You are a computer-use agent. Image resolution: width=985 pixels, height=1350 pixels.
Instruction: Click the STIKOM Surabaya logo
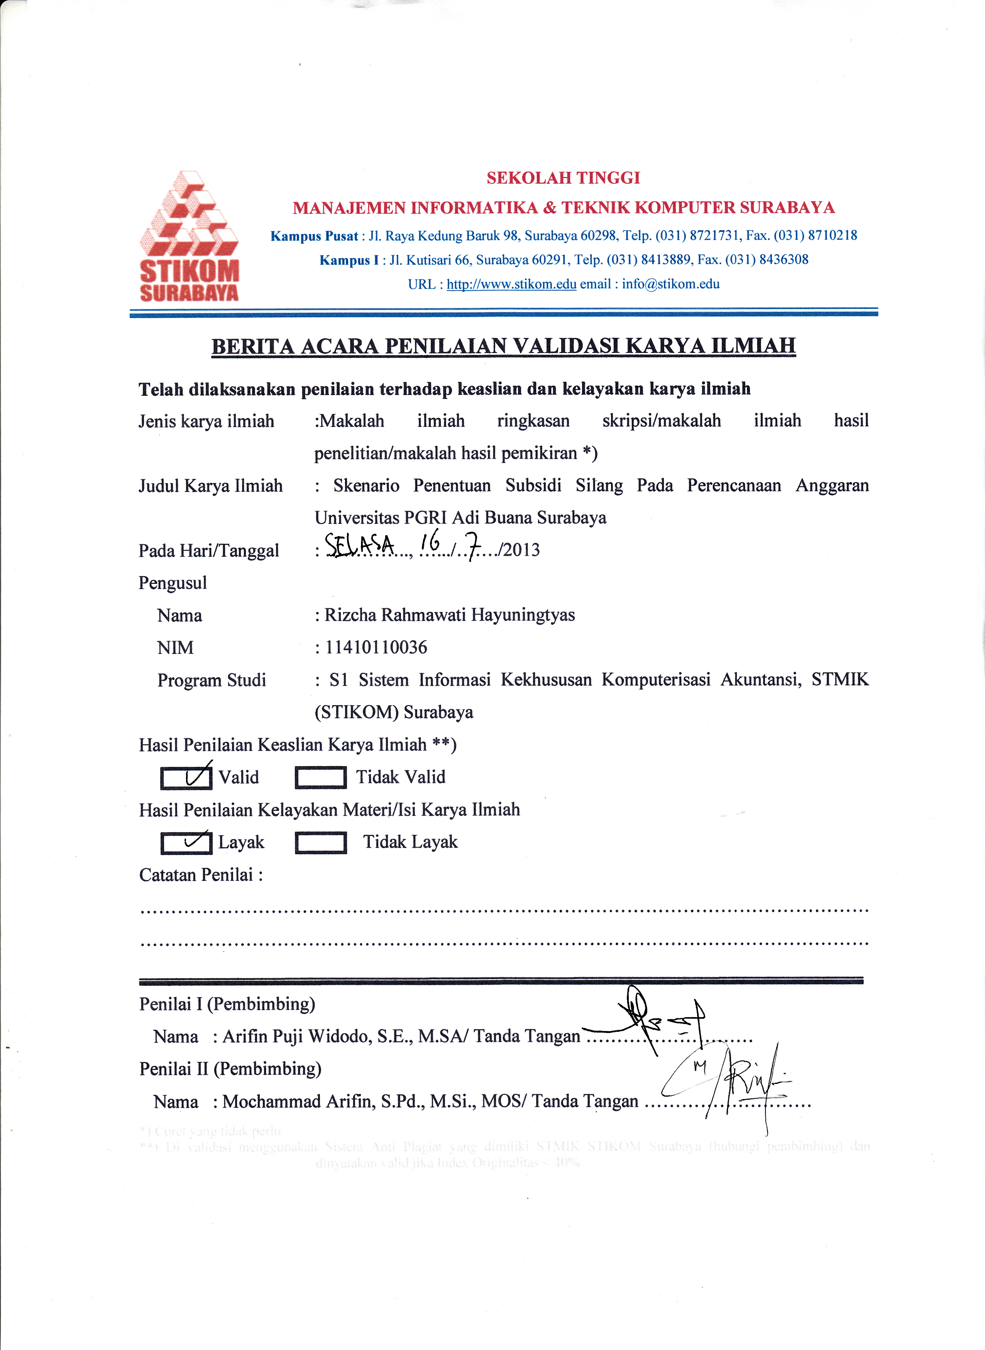click(189, 236)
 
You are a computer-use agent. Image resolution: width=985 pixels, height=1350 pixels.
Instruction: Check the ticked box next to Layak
click(186, 842)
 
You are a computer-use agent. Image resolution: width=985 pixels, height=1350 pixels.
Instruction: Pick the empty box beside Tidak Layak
click(321, 842)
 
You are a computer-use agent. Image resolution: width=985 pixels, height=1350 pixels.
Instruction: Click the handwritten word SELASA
click(360, 545)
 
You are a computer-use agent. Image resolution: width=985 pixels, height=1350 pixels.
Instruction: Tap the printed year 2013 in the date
click(522, 550)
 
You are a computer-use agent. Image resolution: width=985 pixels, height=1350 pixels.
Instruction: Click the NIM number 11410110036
click(376, 647)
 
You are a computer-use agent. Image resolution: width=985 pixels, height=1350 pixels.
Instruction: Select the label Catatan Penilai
click(200, 875)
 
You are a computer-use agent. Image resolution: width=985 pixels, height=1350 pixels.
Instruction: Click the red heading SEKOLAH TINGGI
click(563, 178)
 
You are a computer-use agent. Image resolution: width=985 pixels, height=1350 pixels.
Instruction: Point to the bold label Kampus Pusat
click(314, 236)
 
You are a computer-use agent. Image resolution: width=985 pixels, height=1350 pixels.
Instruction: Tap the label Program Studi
click(212, 680)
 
